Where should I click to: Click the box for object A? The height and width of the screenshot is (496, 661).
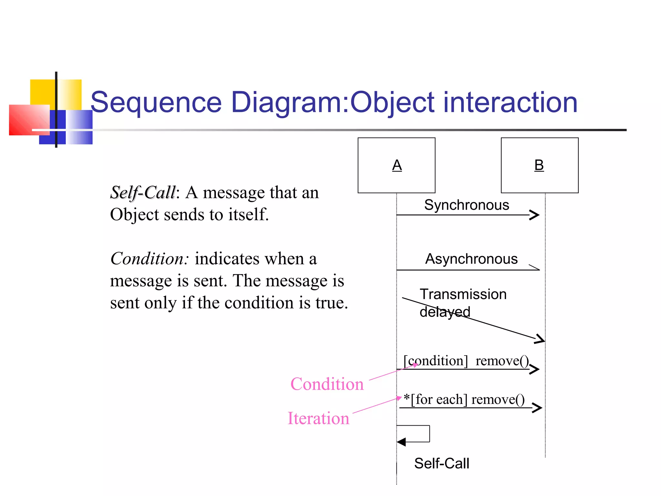coord(396,165)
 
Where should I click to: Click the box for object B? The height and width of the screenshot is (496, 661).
coord(539,165)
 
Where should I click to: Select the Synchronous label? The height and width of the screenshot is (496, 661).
coord(466,205)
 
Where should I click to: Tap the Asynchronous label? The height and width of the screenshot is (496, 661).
coord(471,259)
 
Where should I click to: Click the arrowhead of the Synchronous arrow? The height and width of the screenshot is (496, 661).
coord(535,215)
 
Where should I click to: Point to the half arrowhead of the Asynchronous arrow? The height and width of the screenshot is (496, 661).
coord(534,267)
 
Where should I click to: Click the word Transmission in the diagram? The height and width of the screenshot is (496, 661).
coord(463,294)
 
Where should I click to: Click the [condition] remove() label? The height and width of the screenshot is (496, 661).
coord(466,361)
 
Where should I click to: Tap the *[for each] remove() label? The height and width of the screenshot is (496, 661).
coord(464,399)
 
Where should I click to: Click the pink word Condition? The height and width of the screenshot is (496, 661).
coord(327,384)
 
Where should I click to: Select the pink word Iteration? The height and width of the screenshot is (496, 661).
coord(318,418)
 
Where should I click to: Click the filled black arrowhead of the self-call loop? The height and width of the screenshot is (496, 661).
coord(401,442)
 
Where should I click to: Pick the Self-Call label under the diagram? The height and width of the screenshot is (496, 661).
coord(441,463)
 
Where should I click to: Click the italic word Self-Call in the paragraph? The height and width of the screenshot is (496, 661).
coord(143,193)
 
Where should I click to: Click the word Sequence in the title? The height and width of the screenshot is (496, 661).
coord(156,102)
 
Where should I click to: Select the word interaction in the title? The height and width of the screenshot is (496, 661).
coord(510,102)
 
